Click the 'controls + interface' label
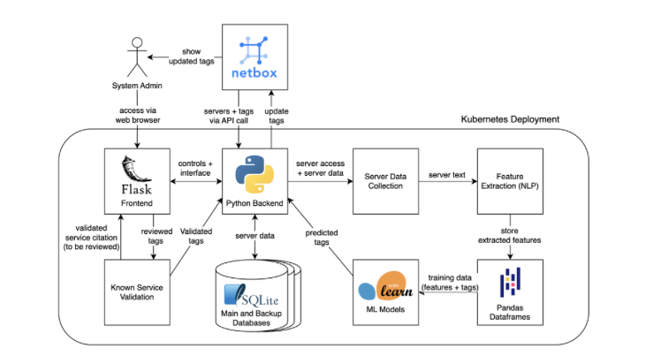point(195,168)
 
